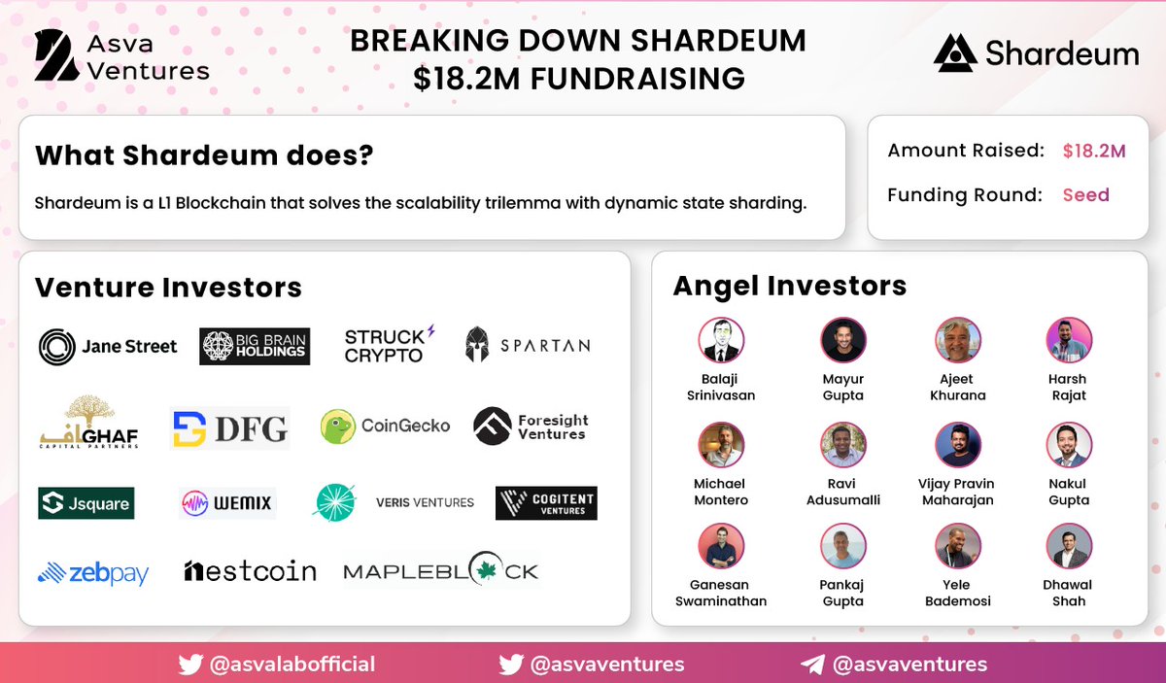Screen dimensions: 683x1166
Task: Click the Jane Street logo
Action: (108, 346)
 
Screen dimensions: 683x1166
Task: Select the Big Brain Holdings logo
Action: (255, 346)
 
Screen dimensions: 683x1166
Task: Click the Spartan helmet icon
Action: (477, 345)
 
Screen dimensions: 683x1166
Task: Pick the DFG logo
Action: (229, 427)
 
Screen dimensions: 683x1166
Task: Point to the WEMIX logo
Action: (227, 503)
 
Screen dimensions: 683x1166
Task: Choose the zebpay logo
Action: (93, 573)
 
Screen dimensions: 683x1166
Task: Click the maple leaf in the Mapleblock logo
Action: (489, 571)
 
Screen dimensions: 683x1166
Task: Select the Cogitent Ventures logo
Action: (546, 503)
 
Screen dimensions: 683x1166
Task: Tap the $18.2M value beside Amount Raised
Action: (1094, 152)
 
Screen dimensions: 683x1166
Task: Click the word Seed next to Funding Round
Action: (1085, 195)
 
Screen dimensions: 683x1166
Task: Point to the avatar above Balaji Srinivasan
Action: (721, 341)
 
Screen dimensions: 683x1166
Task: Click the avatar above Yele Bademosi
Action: (957, 546)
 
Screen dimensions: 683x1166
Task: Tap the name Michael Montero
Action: (721, 492)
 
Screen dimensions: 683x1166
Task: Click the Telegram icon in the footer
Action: (812, 665)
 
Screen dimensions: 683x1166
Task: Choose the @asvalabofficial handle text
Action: (291, 665)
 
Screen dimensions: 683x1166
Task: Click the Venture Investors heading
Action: (168, 288)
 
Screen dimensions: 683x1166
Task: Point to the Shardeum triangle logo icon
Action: (955, 53)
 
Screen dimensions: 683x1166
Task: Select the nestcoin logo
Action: (250, 571)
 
